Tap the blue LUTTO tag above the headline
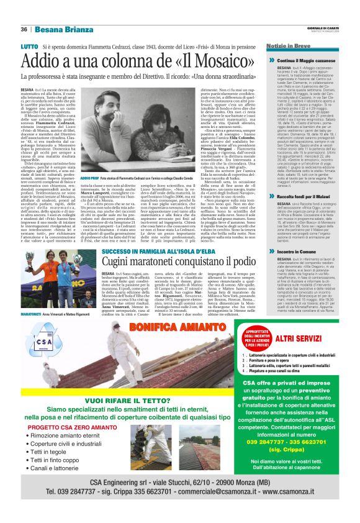[x=29, y=47]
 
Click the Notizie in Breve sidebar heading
[x=272, y=47]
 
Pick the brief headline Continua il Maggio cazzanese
[x=292, y=61]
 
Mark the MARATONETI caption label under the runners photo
[x=30, y=315]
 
